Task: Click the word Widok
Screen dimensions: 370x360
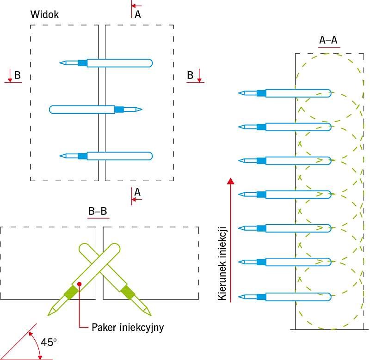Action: pyautogui.click(x=44, y=14)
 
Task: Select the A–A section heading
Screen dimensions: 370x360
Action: pyautogui.click(x=328, y=40)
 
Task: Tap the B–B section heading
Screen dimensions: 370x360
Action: pyautogui.click(x=98, y=211)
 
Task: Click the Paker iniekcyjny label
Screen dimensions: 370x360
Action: pyautogui.click(x=128, y=328)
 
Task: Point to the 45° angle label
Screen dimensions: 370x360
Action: pyautogui.click(x=49, y=342)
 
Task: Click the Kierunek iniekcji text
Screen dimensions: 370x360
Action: pyautogui.click(x=222, y=263)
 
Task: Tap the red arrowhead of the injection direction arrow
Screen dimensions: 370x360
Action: pyautogui.click(x=231, y=181)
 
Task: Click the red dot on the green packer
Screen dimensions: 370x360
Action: pyautogui.click(x=79, y=284)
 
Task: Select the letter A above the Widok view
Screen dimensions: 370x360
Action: pyautogui.click(x=137, y=15)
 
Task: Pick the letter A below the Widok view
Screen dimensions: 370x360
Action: pyautogui.click(x=137, y=192)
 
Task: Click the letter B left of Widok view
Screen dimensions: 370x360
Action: pyautogui.click(x=18, y=75)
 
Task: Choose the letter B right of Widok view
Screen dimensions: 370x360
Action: pyautogui.click(x=190, y=75)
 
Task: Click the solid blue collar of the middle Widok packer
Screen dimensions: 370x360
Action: pyautogui.click(x=119, y=110)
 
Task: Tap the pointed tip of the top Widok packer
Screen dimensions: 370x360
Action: pyautogui.click(x=60, y=63)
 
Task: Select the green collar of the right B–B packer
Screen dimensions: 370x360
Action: pyautogui.click(x=128, y=293)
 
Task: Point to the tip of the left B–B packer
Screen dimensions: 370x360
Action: pyautogui.click(x=49, y=315)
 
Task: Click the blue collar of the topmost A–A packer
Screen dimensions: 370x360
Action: pyautogui.click(x=261, y=93)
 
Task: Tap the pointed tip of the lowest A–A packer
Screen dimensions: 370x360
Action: pyautogui.click(x=239, y=297)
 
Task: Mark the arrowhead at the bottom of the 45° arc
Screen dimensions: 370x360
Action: pyautogui.click(x=40, y=357)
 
